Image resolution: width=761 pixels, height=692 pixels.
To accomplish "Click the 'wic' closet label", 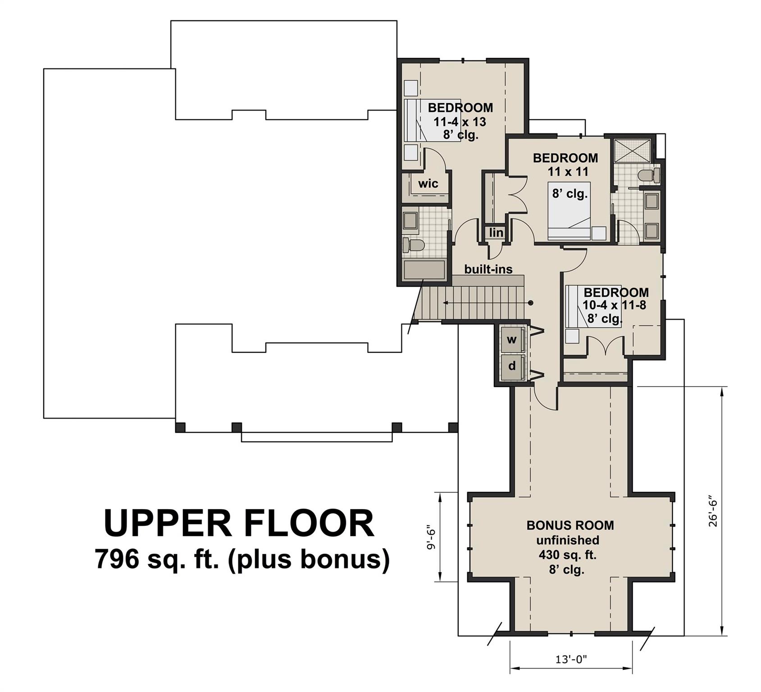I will pos(428,184).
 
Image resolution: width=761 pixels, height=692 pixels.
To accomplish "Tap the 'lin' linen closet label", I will pos(496,232).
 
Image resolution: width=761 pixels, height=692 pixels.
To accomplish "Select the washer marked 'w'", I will pos(512,340).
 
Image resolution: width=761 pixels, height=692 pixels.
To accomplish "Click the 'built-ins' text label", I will pos(488,269).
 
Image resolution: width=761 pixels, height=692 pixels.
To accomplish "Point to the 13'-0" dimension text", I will pos(571,660).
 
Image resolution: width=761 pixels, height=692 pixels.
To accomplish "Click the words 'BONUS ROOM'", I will pos(570,525).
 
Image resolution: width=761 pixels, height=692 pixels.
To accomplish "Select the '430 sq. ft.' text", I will pos(567,555).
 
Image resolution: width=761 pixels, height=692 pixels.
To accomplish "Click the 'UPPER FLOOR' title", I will pos(239,523).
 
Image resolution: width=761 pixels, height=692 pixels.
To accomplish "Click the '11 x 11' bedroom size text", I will pos(568,172).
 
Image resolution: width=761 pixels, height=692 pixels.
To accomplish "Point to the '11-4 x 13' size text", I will pos(460,122).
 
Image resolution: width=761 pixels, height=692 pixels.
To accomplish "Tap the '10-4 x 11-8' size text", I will pos(614,305).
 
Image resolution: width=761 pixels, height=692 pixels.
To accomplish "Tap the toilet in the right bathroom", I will pos(649,175).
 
